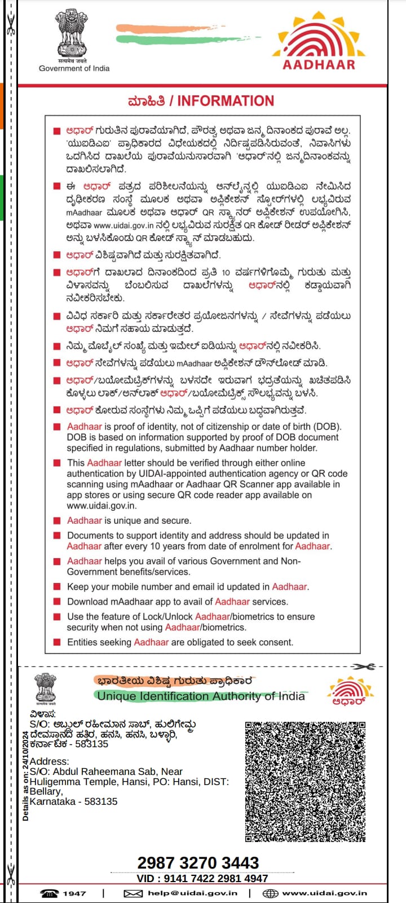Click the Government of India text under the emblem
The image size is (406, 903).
tap(74, 68)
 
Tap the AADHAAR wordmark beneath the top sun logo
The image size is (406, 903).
tap(319, 64)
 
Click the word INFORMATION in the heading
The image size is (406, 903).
tap(226, 101)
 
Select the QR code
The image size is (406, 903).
tap(305, 781)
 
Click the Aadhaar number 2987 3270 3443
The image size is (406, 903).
tap(198, 862)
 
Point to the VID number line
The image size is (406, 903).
tap(202, 878)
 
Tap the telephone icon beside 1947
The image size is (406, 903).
tap(49, 893)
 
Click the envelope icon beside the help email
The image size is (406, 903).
tap(133, 893)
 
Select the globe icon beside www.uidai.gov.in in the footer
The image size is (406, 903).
tap(271, 893)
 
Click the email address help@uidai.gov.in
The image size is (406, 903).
tap(192, 893)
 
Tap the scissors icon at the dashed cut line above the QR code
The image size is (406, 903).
tap(365, 667)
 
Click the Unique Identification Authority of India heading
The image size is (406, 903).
tap(201, 696)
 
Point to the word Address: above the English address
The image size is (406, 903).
tap(50, 761)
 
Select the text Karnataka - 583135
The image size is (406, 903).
tap(73, 801)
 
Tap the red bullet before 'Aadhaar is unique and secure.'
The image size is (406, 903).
tap(56, 520)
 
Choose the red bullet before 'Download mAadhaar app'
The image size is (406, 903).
tap(56, 602)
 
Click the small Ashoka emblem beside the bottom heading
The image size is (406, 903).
tap(45, 689)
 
